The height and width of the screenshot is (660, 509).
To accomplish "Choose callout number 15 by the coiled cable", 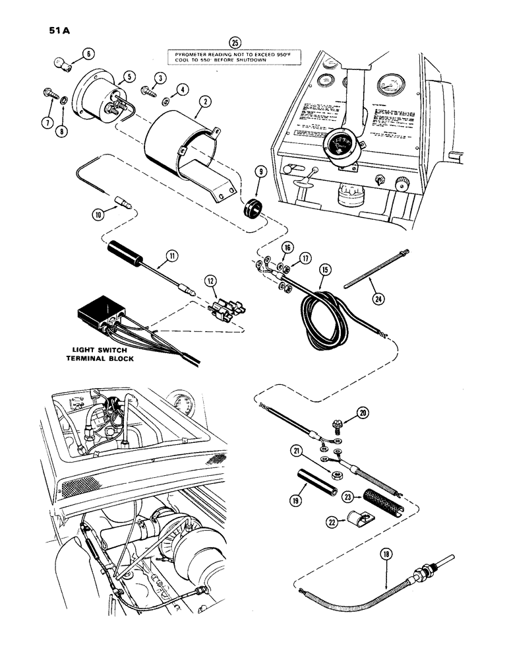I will pyautogui.click(x=324, y=269).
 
